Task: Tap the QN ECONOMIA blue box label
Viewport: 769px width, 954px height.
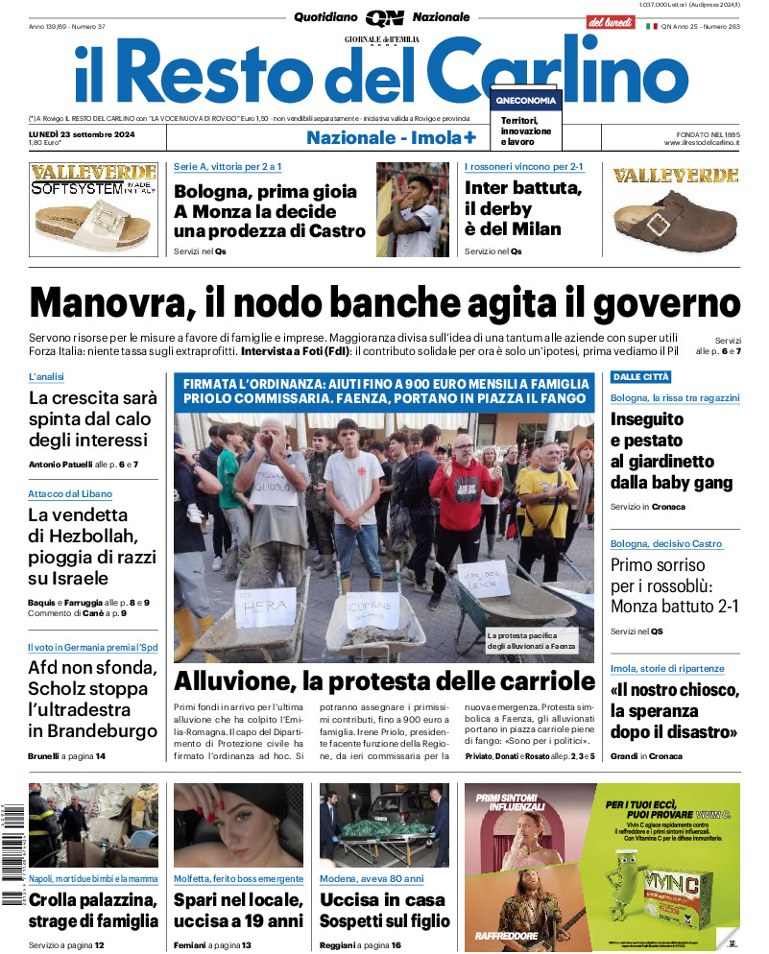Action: (525, 100)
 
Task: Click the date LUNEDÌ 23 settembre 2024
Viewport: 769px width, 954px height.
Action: (82, 133)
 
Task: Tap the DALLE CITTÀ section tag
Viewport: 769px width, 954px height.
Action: (641, 376)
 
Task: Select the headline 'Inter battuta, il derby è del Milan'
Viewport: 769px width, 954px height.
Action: (523, 209)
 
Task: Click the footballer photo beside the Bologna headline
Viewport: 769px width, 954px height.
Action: (413, 209)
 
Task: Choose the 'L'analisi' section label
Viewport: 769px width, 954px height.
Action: (46, 376)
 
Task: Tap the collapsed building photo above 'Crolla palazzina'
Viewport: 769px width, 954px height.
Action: (93, 826)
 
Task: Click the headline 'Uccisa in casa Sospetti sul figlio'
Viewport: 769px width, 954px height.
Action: (384, 911)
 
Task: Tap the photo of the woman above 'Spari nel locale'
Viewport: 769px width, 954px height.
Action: (238, 826)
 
